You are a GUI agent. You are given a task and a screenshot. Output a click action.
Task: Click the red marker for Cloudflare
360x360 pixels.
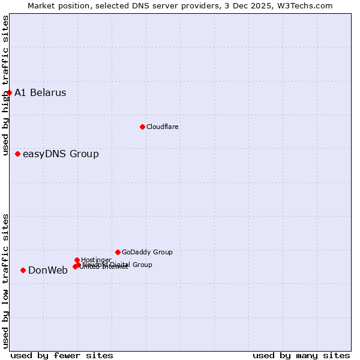coord(142,127)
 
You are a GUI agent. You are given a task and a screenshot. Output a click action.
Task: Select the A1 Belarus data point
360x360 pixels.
coord(9,92)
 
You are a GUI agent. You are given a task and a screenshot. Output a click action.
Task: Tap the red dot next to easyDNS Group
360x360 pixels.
coord(17,154)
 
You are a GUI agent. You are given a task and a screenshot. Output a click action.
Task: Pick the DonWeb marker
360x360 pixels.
coord(23,270)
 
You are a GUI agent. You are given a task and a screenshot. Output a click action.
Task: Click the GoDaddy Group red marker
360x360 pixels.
coord(118,252)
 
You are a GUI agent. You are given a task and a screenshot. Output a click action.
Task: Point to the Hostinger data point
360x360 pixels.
coord(77,260)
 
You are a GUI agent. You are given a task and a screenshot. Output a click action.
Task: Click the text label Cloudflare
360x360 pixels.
coord(162,127)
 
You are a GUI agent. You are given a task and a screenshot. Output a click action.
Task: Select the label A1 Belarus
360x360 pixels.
coord(40,92)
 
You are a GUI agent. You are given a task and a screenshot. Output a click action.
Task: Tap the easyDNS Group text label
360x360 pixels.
coord(61,154)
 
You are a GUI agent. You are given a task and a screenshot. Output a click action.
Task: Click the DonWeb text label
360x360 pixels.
coord(48,270)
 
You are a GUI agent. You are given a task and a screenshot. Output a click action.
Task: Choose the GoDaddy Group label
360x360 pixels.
coord(147,252)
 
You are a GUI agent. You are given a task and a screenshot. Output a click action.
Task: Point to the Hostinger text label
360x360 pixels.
coord(96,260)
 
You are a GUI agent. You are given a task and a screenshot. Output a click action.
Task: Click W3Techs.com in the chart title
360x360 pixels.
coord(305,5)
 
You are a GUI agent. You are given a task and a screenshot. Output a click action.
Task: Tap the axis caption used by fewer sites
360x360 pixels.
coord(62,355)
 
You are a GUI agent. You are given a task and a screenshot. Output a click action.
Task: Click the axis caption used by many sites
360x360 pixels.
coord(301,355)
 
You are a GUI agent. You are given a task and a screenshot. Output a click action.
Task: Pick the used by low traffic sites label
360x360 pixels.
coord(5,281)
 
